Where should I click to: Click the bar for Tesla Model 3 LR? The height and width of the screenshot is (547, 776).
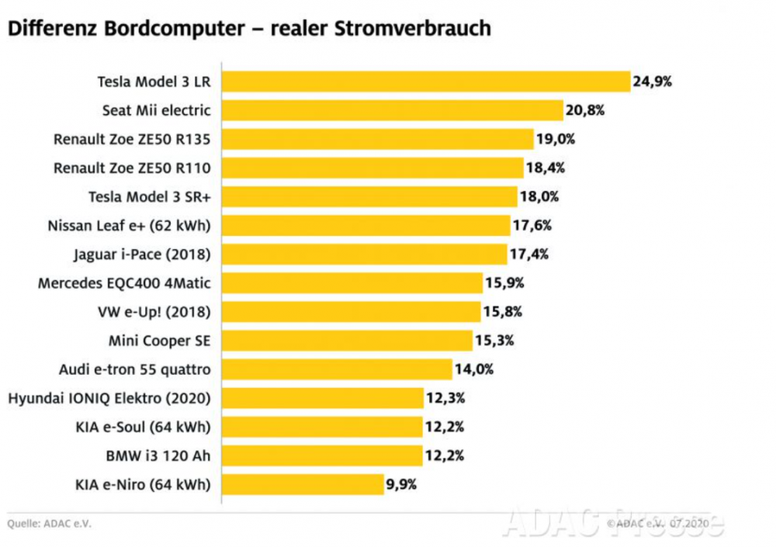click(426, 81)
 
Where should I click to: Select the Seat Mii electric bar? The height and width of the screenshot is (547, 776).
click(393, 110)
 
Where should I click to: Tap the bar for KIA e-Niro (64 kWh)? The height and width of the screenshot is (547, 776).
click(303, 485)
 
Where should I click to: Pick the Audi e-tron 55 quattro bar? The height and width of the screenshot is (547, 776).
click(337, 369)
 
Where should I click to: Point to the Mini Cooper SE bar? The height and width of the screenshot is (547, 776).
click(347, 341)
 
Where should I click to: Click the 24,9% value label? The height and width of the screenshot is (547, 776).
click(652, 81)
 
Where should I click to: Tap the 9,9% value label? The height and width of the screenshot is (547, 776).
click(402, 485)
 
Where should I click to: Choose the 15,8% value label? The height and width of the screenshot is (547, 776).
click(502, 312)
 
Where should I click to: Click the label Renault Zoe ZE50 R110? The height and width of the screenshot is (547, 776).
click(132, 168)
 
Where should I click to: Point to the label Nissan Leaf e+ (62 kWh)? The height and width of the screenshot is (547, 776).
click(129, 226)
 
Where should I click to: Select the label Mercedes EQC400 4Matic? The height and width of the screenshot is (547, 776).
click(124, 283)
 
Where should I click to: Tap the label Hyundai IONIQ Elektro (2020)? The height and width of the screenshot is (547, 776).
click(109, 398)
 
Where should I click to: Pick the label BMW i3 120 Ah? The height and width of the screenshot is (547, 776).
click(158, 455)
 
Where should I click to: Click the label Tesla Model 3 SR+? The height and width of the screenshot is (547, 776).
click(149, 197)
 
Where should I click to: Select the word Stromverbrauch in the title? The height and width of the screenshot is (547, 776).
click(413, 29)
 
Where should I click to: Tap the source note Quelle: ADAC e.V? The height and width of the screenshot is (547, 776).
click(50, 524)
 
